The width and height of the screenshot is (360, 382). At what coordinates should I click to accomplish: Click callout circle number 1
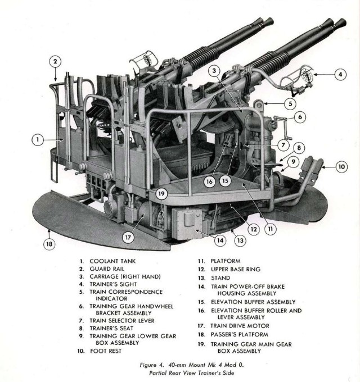(x=36, y=138)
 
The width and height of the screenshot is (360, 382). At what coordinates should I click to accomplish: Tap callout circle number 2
(x=55, y=62)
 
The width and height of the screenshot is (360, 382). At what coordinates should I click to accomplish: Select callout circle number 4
(x=340, y=74)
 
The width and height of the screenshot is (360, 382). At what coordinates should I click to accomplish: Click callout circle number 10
(x=342, y=167)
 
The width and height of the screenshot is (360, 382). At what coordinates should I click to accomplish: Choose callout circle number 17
(x=129, y=237)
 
